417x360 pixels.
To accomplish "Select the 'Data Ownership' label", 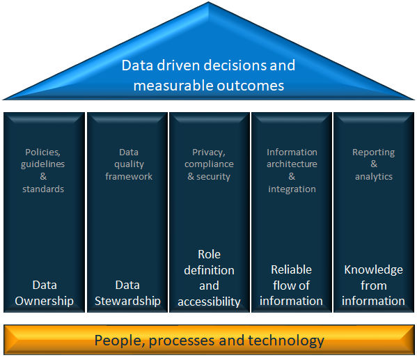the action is tap(44, 293).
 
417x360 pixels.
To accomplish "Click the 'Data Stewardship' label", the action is tap(127, 293).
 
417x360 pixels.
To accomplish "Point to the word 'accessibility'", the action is tap(209, 302).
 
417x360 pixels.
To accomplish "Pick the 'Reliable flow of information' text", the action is tap(291, 285).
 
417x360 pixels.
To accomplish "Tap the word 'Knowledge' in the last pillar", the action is tap(373, 270).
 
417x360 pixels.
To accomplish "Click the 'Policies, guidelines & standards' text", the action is tap(43, 171).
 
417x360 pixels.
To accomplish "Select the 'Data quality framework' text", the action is tap(129, 164).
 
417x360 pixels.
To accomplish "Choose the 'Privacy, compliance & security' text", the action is tap(209, 164).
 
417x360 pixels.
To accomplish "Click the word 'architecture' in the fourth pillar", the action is tap(292, 164).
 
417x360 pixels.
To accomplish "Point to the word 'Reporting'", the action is tap(373, 152).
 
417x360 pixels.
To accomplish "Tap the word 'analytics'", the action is tap(374, 177).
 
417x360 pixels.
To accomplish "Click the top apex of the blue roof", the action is tap(209, 2).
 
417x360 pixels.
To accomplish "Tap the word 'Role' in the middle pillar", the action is tap(210, 254).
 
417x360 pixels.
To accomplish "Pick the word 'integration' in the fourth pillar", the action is tap(292, 189).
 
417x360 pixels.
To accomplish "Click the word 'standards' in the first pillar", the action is tap(43, 189).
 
